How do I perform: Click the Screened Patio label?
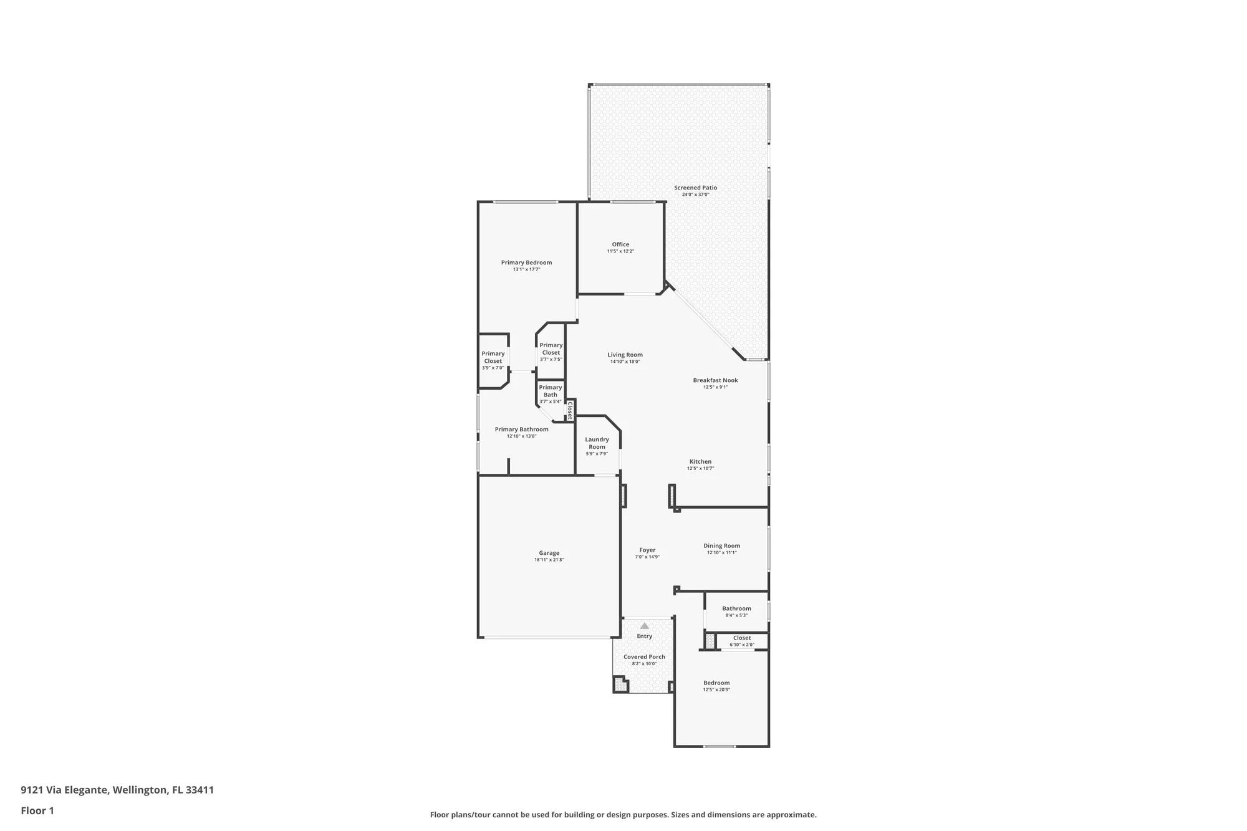[695, 188]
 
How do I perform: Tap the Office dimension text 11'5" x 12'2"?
[620, 252]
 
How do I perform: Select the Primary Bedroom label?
[526, 262]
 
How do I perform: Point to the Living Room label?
[625, 355]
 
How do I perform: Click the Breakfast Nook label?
[715, 380]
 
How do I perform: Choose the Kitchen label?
[700, 462]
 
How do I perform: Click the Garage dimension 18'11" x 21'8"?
[549, 560]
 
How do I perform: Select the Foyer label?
[647, 550]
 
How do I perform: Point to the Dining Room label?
[721, 546]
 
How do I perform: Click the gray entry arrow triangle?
[645, 625]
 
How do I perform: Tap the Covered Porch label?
[644, 657]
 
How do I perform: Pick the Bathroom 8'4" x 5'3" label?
[736, 608]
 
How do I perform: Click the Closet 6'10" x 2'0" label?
[742, 638]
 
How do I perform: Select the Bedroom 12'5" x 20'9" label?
[716, 683]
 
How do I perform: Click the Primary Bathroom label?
[521, 429]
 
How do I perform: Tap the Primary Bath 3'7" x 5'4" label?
[550, 391]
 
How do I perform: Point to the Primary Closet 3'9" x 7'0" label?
[493, 357]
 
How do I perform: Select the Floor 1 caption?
[37, 810]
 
